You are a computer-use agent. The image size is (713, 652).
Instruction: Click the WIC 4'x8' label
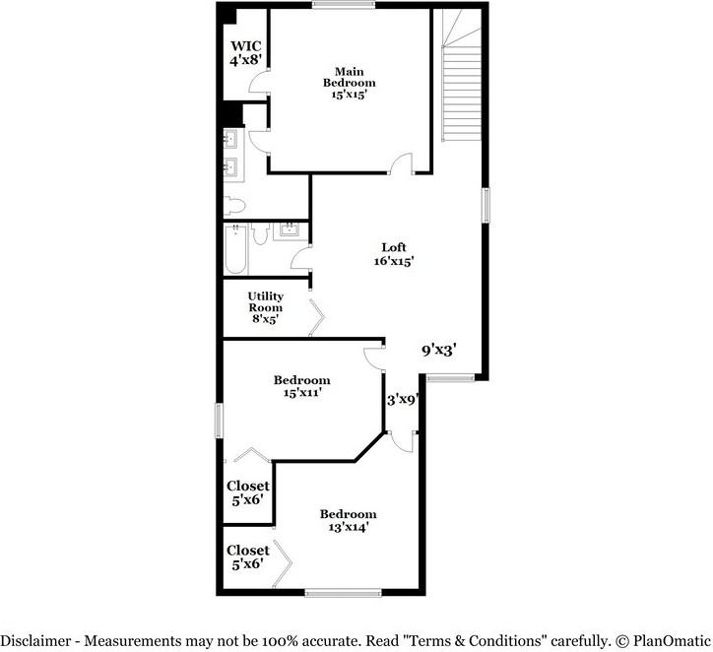pyautogui.click(x=246, y=52)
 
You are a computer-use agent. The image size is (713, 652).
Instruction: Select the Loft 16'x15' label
pyautogui.click(x=394, y=254)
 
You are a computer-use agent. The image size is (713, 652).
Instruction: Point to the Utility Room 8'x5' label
pyautogui.click(x=266, y=307)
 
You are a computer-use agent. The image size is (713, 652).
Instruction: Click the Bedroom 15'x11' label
pyautogui.click(x=301, y=386)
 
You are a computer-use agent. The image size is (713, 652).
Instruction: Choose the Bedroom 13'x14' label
pyautogui.click(x=348, y=520)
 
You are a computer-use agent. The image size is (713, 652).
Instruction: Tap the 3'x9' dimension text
pyautogui.click(x=404, y=400)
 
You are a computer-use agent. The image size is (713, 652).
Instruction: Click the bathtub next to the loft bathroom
pyautogui.click(x=235, y=250)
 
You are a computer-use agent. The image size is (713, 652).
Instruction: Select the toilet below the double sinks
pyautogui.click(x=234, y=205)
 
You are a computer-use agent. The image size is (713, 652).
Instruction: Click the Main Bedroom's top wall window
pyautogui.click(x=344, y=6)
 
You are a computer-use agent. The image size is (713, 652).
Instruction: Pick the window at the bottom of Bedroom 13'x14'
pyautogui.click(x=343, y=592)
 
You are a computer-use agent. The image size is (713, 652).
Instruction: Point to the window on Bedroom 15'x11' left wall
pyautogui.click(x=221, y=420)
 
